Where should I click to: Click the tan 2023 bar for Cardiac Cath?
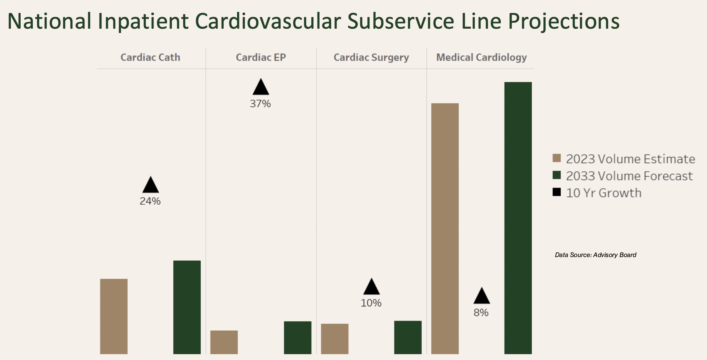(x=114, y=316)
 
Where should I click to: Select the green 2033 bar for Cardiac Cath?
(x=187, y=307)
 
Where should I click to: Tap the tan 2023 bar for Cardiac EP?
(x=224, y=342)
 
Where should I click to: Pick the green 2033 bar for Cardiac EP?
(x=297, y=337)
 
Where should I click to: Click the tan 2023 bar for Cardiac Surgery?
(x=335, y=339)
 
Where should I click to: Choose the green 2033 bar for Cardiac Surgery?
(x=408, y=337)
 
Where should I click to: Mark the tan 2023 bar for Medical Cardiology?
(x=445, y=228)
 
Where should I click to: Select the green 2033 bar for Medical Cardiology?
(x=518, y=218)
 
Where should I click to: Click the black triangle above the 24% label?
(x=150, y=185)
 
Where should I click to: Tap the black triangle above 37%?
(x=261, y=87)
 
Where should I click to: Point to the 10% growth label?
(x=371, y=303)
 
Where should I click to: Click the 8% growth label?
(x=481, y=313)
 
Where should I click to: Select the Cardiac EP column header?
(x=261, y=57)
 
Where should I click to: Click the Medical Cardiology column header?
(x=481, y=57)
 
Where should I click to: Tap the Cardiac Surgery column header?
(x=371, y=57)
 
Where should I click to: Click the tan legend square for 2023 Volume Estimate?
(x=557, y=158)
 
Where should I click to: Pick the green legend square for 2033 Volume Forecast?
(x=557, y=175)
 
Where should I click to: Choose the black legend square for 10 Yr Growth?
(x=557, y=192)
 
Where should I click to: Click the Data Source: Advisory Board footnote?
(x=595, y=255)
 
